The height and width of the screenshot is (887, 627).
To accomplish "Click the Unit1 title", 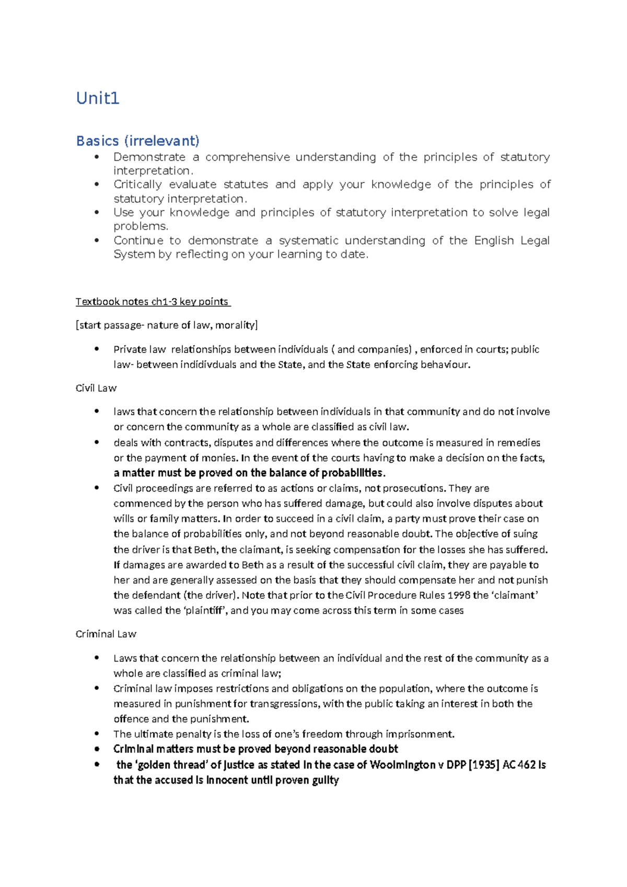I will coord(98,98).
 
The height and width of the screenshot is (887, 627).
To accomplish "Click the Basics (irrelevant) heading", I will coord(137,141).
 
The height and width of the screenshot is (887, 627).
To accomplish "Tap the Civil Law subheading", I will coord(96,388).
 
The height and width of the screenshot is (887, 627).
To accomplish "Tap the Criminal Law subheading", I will coord(106,634).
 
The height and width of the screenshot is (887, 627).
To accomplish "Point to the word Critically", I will coord(137,184).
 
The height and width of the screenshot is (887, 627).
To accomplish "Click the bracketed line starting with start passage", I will coord(167,325).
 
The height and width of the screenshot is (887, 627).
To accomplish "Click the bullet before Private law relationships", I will coord(96,349).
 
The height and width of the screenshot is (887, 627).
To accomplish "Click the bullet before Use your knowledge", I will coord(96,212).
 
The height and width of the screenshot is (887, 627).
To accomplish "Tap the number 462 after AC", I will coord(527,765).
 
